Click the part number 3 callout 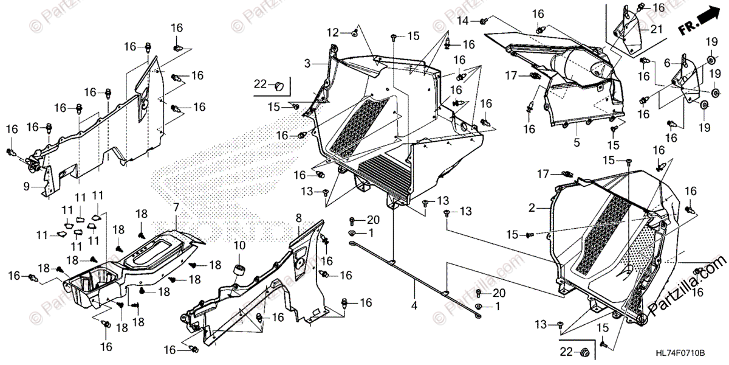[x=307, y=63]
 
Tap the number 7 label [x=176, y=208]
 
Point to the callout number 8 [x=298, y=217]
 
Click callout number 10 [x=239, y=245]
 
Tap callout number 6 [x=667, y=63]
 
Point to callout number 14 [x=463, y=21]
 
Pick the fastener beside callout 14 [x=482, y=22]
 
